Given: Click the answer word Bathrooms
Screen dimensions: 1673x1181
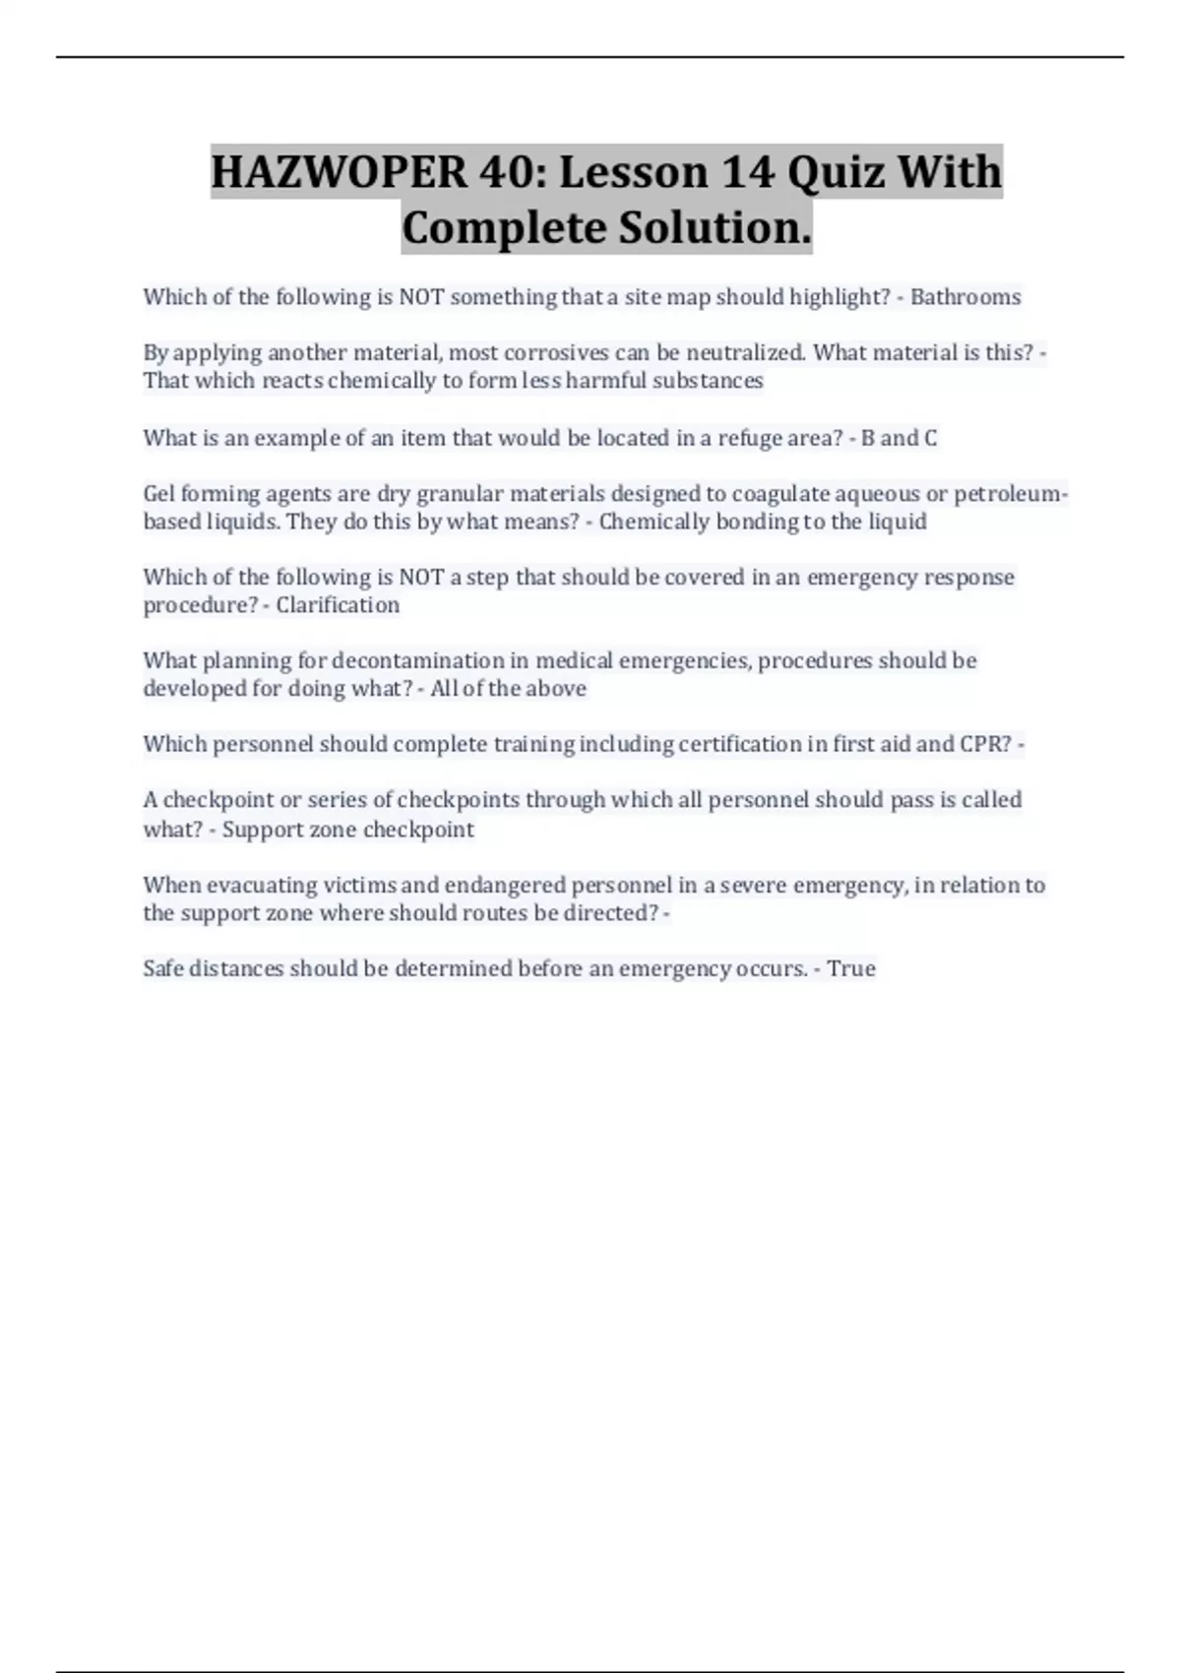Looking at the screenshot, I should (x=965, y=297).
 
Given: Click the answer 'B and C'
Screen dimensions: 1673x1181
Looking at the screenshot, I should (x=899, y=438).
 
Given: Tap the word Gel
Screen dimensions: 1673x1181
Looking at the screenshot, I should (x=159, y=493).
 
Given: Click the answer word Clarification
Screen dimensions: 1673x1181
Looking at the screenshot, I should (x=338, y=604).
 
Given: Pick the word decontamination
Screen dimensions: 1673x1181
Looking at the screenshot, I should (x=418, y=659).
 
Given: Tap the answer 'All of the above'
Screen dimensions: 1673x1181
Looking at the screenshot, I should (x=508, y=688).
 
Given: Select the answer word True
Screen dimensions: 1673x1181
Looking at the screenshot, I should (x=851, y=968).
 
